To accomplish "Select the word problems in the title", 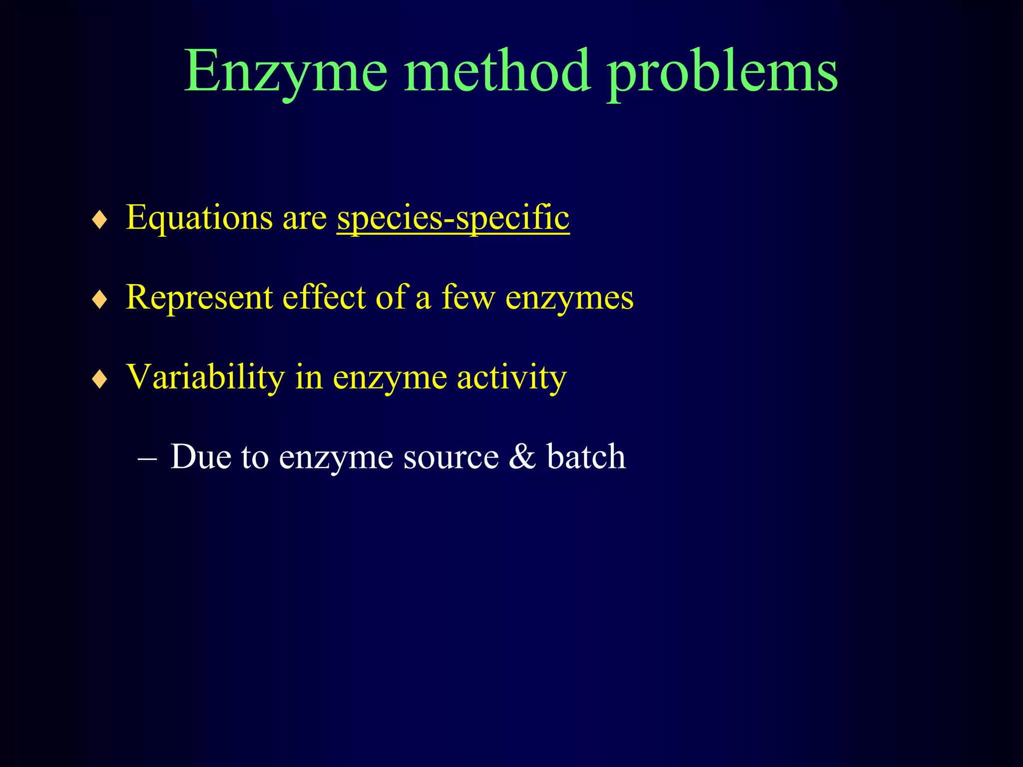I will (722, 72).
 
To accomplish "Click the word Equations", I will (199, 218).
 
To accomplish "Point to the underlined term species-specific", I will (453, 218).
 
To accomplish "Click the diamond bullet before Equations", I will (100, 220).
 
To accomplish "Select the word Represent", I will (199, 298).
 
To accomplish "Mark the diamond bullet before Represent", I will (100, 300).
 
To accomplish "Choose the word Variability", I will (205, 377).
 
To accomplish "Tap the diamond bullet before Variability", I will (100, 380).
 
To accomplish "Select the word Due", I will (200, 456).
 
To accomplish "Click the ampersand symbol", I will (522, 456).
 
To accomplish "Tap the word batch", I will (586, 456).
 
